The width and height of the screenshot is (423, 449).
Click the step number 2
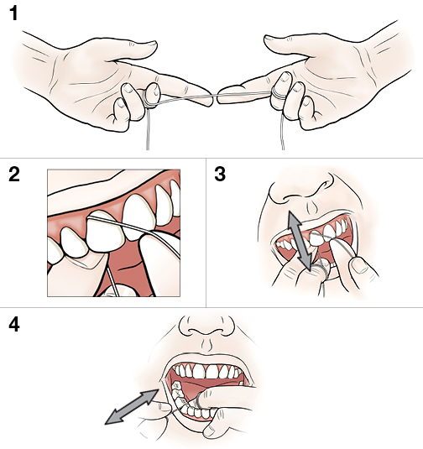(13, 175)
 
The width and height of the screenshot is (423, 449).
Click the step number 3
(221, 175)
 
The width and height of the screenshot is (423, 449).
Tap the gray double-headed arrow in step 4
(132, 407)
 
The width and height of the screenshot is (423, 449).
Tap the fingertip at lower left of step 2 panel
(60, 267)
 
